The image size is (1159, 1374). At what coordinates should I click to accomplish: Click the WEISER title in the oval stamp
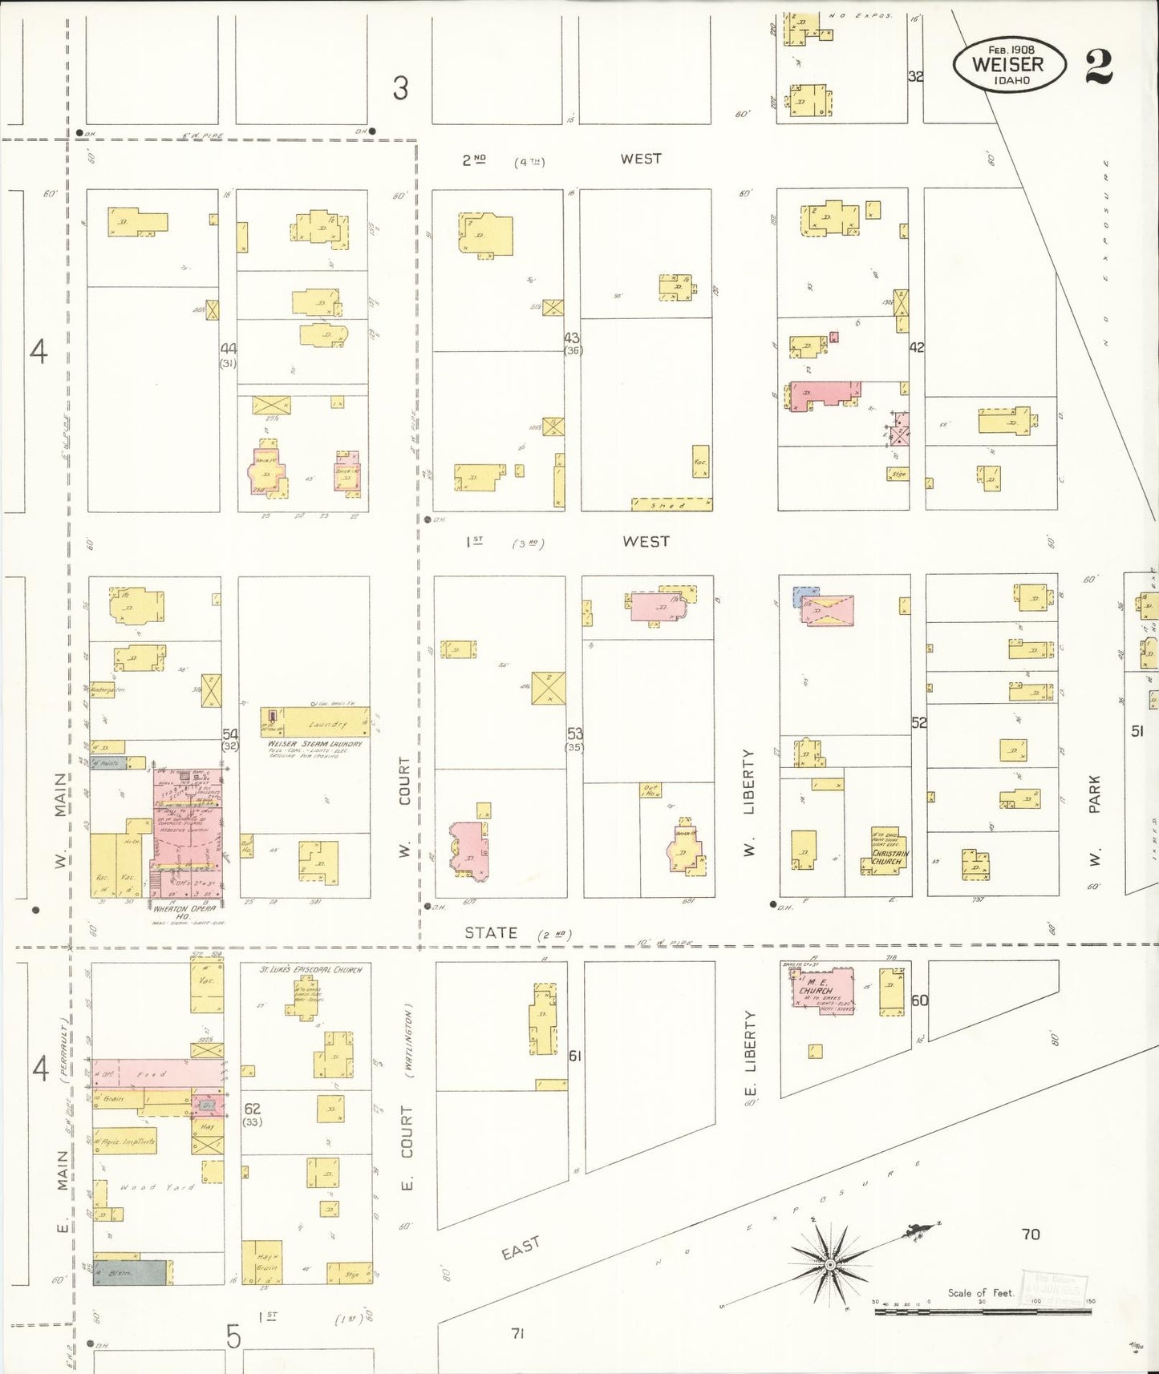pyautogui.click(x=1008, y=64)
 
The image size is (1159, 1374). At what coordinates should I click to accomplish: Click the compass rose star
pyautogui.click(x=831, y=1265)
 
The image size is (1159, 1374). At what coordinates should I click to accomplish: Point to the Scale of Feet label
pyautogui.click(x=980, y=1293)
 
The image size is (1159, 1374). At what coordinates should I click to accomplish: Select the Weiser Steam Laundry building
pyautogui.click(x=314, y=723)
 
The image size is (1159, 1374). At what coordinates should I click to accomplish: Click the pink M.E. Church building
pyautogui.click(x=823, y=992)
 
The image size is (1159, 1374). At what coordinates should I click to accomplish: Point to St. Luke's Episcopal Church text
pyautogui.click(x=310, y=969)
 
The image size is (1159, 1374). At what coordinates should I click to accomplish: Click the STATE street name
pyautogui.click(x=491, y=933)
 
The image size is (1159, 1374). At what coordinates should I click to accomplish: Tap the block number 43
pyautogui.click(x=571, y=338)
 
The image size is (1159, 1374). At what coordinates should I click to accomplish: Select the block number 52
pyautogui.click(x=918, y=722)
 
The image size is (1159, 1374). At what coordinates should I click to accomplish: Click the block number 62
pyautogui.click(x=252, y=1109)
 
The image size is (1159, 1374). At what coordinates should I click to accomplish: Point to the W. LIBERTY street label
pyautogui.click(x=749, y=802)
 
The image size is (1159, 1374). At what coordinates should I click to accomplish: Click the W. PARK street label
pyautogui.click(x=1095, y=818)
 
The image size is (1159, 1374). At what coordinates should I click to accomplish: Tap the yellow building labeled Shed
pyautogui.click(x=671, y=505)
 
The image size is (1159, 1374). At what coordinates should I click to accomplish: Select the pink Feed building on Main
pyautogui.click(x=157, y=1073)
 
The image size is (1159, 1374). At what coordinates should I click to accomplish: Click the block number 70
pyautogui.click(x=1031, y=1234)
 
